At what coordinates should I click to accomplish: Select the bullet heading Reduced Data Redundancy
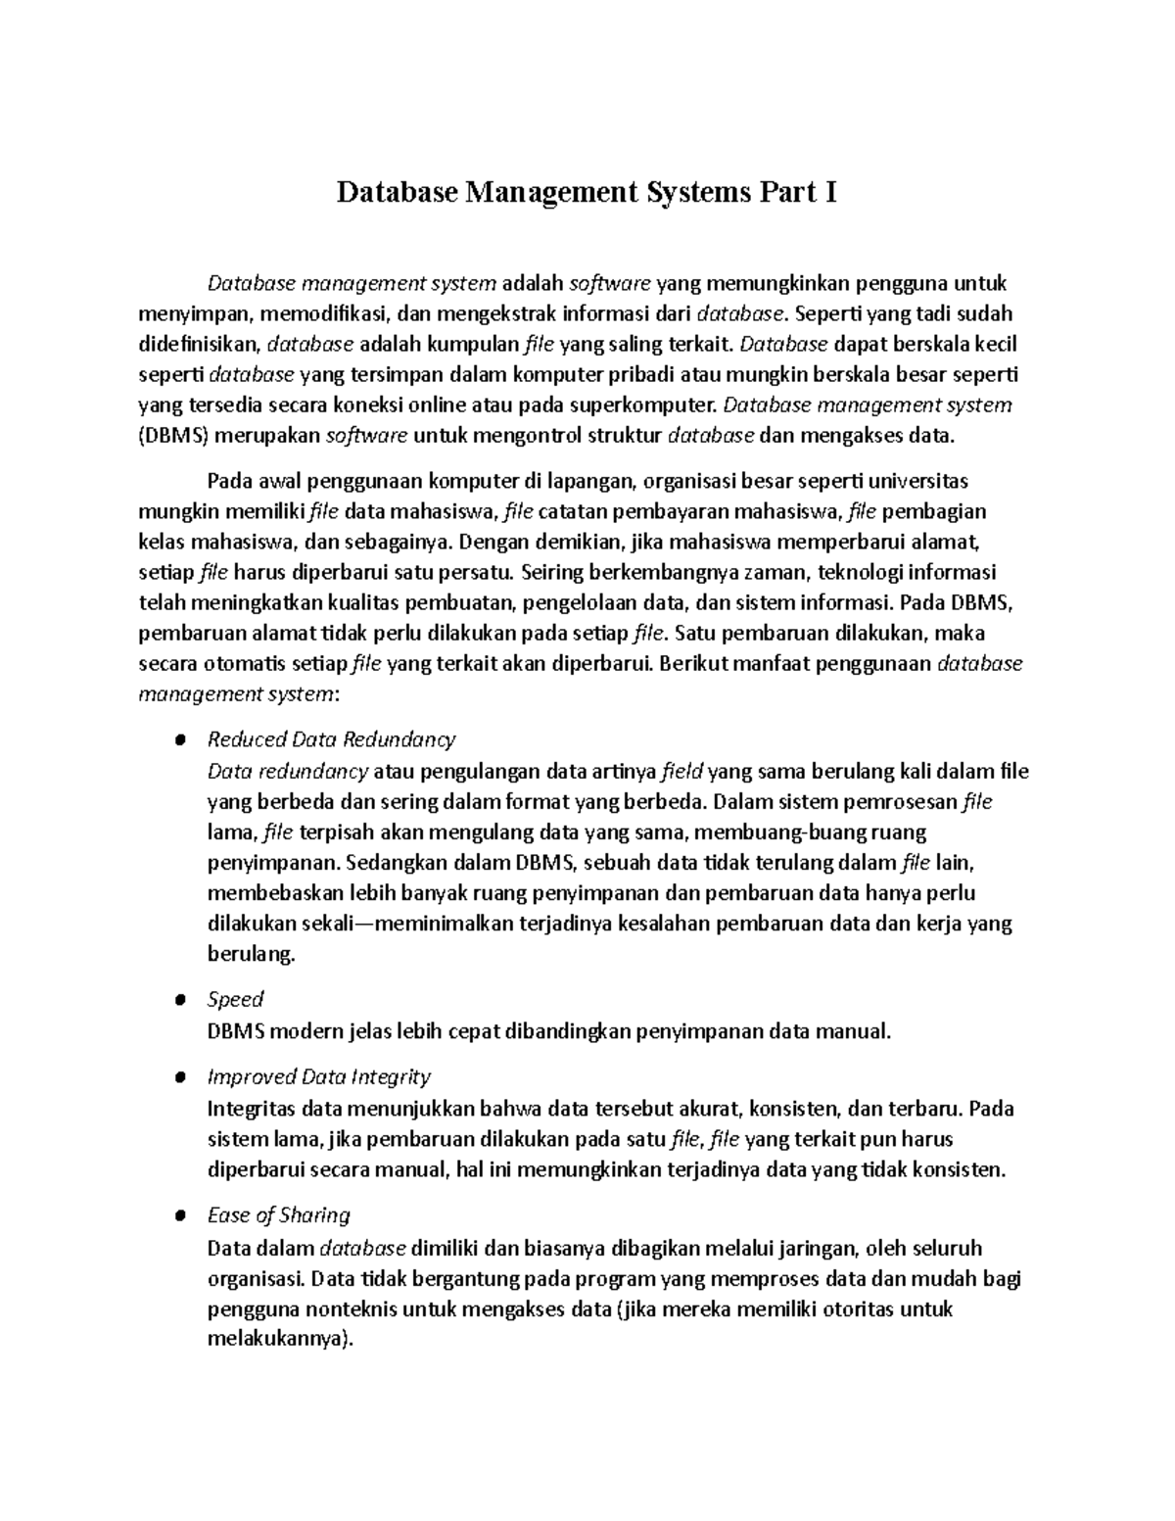click(332, 738)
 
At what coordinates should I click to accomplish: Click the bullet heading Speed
click(236, 999)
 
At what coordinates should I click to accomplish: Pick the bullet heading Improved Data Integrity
click(319, 1076)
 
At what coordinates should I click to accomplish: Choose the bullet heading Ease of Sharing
click(279, 1215)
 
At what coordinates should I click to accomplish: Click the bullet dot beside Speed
click(179, 1000)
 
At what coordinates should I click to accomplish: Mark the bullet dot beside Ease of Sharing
click(179, 1216)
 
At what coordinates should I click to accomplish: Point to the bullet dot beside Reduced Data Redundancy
click(179, 739)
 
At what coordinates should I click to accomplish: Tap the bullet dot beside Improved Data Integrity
click(179, 1077)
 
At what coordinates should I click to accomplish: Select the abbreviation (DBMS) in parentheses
click(174, 436)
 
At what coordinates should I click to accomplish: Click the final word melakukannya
click(277, 1340)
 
